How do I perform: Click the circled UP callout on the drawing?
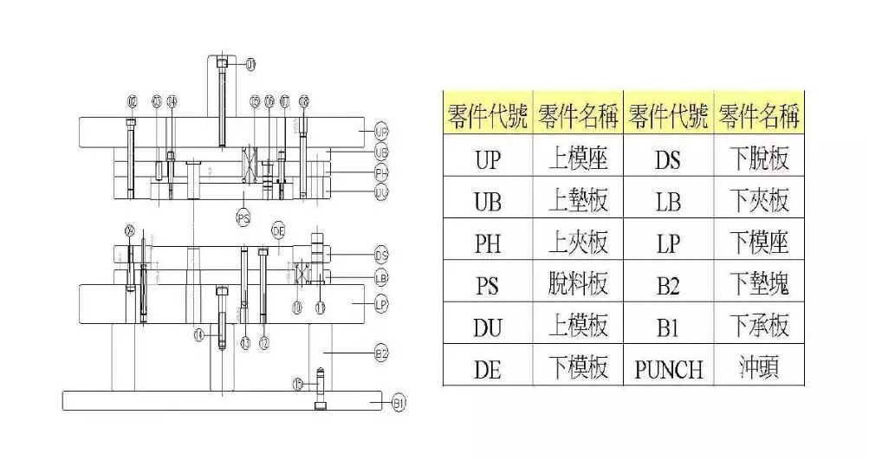click(x=381, y=132)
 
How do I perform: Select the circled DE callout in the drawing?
click(x=278, y=230)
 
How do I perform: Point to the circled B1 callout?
click(x=399, y=403)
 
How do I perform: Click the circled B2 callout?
click(x=380, y=352)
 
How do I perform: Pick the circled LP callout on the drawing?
click(x=380, y=304)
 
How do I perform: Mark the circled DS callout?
click(x=380, y=255)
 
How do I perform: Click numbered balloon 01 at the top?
click(x=251, y=64)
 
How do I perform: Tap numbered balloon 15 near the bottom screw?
click(x=298, y=384)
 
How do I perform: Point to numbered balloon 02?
click(x=132, y=102)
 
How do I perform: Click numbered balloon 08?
click(x=303, y=102)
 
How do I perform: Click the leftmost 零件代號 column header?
click(x=488, y=113)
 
